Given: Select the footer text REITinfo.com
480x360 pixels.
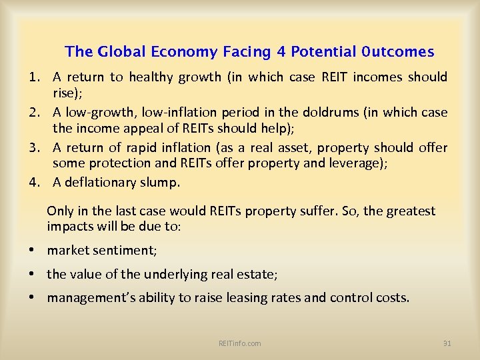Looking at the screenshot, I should (x=240, y=343).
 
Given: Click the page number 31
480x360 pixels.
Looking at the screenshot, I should (x=447, y=343).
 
